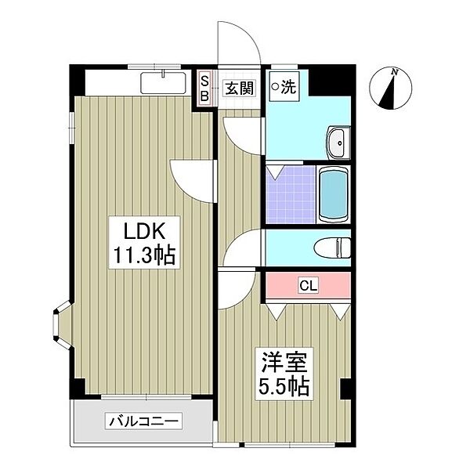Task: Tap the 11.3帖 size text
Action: [144, 255]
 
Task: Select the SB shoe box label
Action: [205, 89]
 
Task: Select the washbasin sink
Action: [338, 143]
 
